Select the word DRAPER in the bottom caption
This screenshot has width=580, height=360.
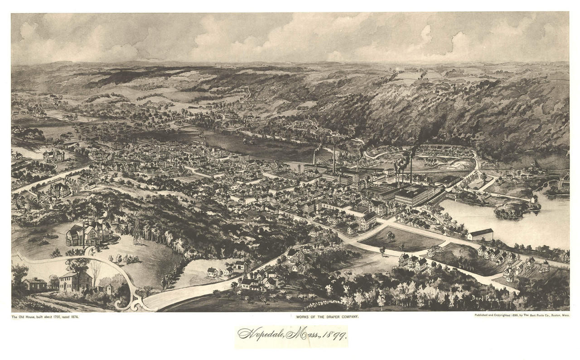334,317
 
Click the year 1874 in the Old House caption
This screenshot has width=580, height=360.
74,317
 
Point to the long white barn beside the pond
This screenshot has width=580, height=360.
480,234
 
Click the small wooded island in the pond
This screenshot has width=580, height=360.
517,209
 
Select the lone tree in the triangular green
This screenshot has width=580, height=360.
390,236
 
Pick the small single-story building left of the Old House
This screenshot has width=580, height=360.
35,284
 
